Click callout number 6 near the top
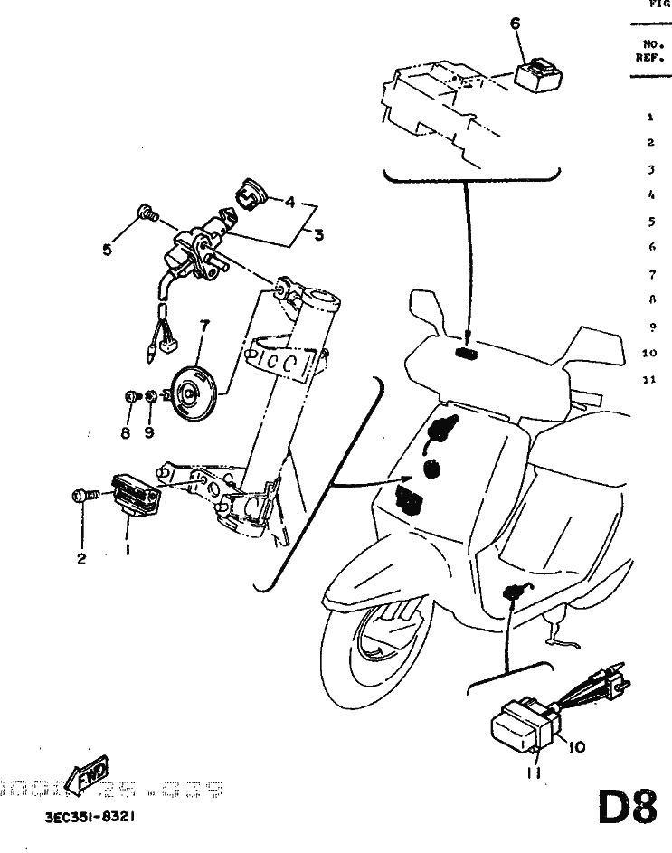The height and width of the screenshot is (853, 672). tap(516, 24)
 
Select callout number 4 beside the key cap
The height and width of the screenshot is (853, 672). tap(290, 204)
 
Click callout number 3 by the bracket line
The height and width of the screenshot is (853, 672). tap(318, 235)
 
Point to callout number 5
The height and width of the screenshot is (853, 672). tap(108, 250)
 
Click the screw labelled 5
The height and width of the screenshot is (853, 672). tap(145, 214)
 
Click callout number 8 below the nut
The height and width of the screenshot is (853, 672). tap(127, 432)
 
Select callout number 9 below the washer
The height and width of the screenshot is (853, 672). tap(148, 432)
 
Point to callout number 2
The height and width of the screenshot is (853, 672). tap(81, 559)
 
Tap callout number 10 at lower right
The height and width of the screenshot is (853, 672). tap(578, 747)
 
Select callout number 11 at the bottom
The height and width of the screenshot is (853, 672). tap(535, 774)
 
